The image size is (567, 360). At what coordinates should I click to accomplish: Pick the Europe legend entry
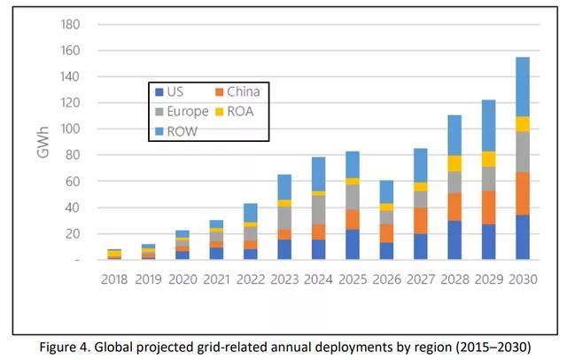(184, 112)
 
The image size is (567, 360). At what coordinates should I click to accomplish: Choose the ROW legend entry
(181, 130)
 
